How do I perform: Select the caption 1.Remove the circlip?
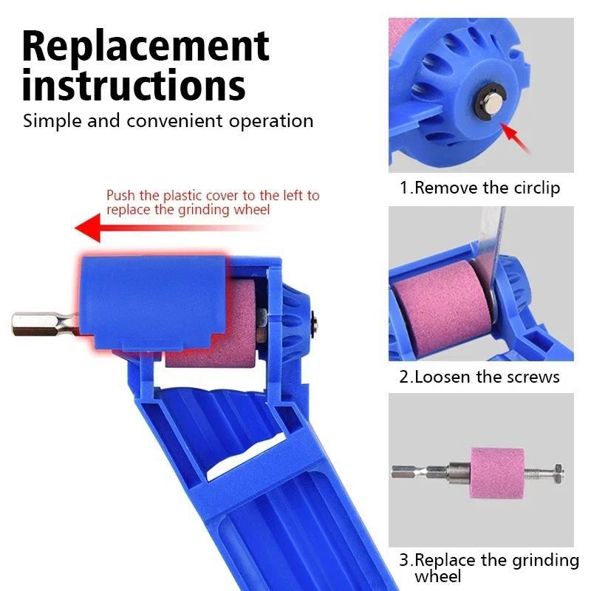coord(479,188)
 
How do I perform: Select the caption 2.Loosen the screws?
coord(479,377)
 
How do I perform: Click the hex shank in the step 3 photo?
coord(417,471)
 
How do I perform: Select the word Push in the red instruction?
coord(121,196)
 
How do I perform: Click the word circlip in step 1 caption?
coord(534,188)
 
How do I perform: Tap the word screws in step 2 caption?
coord(533,377)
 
